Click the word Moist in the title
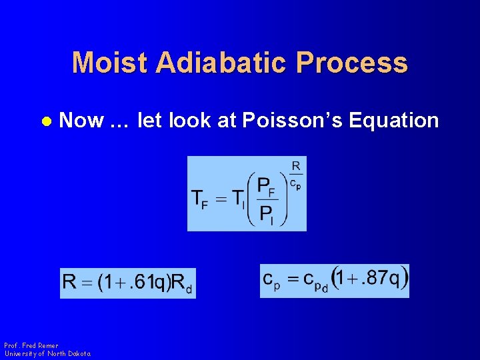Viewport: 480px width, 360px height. pyautogui.click(x=109, y=63)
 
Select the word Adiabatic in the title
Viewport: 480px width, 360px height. pyautogui.click(x=222, y=63)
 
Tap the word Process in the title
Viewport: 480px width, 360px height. pyautogui.click(x=353, y=63)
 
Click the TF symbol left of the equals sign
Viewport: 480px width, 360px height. pyautogui.click(x=199, y=198)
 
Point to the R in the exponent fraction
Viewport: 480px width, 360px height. pyautogui.click(x=295, y=165)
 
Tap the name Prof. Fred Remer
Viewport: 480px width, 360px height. pyautogui.click(x=31, y=345)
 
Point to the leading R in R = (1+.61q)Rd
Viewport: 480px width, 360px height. pyautogui.click(x=69, y=282)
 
